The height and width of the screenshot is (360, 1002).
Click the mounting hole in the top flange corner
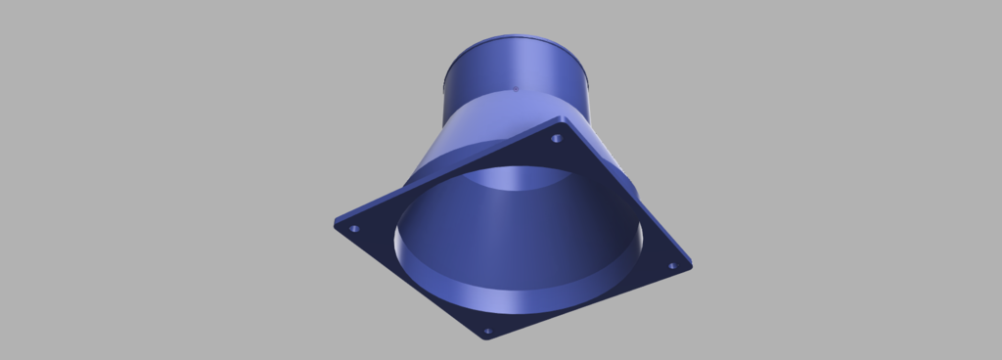557,138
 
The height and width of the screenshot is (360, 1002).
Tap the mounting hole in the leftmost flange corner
354,229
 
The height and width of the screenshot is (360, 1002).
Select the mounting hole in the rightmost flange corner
672,265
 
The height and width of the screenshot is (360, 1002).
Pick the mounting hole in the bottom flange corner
488,332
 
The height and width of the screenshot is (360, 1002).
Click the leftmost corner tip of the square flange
336,223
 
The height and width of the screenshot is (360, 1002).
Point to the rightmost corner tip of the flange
691,264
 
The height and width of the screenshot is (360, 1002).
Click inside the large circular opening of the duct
519,245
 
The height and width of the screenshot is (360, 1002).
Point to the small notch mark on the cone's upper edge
516,91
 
